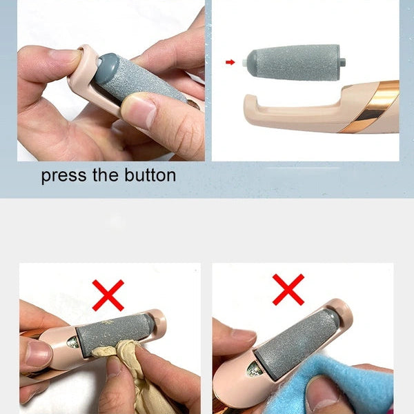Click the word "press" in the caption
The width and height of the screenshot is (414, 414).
pyautogui.click(x=63, y=176)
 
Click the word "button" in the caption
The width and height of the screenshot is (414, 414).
pyautogui.click(x=148, y=175)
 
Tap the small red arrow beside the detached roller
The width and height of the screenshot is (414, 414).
pyautogui.click(x=230, y=62)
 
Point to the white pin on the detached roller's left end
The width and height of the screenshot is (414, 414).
pyautogui.click(x=246, y=62)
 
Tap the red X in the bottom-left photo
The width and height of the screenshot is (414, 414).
pyautogui.click(x=108, y=295)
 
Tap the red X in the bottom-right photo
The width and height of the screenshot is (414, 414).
pyautogui.click(x=288, y=289)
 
